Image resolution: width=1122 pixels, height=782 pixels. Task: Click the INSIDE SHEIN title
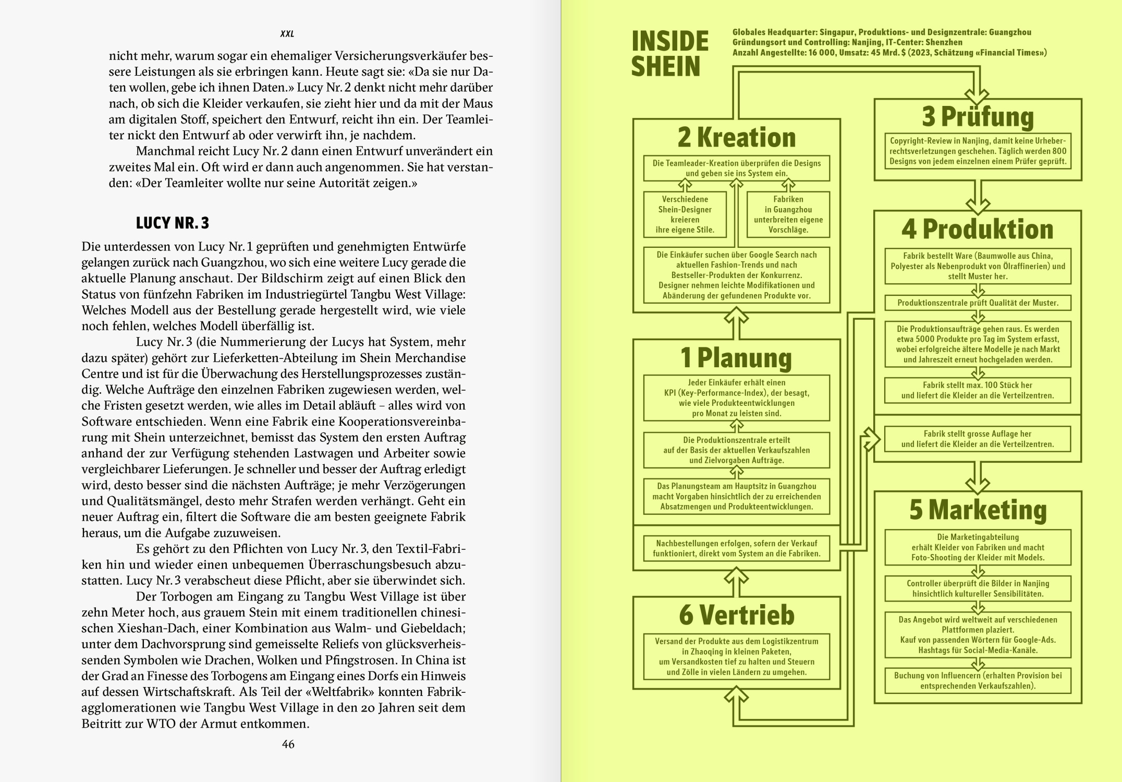coord(669,54)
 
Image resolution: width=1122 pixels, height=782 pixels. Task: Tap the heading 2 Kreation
coord(736,138)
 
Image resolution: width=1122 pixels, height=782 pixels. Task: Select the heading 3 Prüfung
coord(978,117)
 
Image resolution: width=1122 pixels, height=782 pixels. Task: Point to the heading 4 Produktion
coord(978,230)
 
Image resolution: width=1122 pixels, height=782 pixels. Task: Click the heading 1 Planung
coord(736,358)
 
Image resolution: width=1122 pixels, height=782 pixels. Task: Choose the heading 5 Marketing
coord(978,510)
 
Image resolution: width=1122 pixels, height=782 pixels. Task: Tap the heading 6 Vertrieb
coord(736,615)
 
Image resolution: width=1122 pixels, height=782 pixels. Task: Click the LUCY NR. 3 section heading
coord(172,223)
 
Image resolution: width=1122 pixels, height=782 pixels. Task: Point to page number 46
coord(288,744)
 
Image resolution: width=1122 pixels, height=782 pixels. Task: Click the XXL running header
coord(287,34)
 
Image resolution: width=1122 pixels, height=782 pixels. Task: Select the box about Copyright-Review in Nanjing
coord(978,151)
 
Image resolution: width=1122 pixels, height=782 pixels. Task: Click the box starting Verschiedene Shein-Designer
coord(685,214)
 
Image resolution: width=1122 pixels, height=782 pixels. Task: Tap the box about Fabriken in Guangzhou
coord(788,214)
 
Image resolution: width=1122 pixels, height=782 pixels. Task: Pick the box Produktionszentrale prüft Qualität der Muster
coord(978,303)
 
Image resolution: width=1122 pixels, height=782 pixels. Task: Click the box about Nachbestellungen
coord(736,548)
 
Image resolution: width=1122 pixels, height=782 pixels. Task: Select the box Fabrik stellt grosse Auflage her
coord(978,439)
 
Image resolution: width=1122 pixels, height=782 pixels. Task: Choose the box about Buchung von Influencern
coord(978,681)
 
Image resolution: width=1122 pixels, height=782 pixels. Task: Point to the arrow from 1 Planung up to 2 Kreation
coord(736,323)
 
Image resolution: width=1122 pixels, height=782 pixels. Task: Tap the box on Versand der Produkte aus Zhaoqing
coord(736,657)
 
